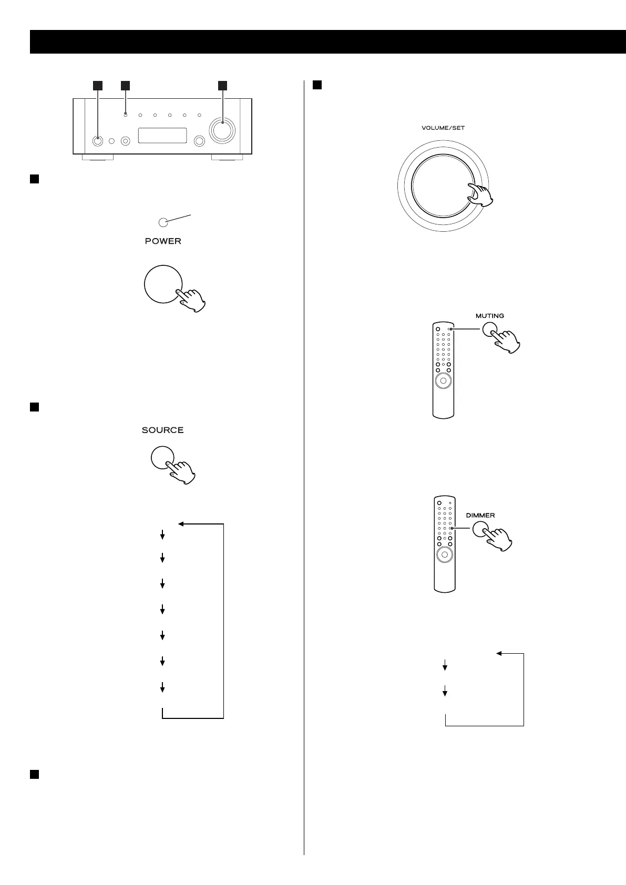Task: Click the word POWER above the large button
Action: (x=163, y=241)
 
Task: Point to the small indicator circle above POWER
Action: (x=163, y=222)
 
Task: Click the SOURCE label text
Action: (x=162, y=430)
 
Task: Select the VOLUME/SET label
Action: (x=443, y=128)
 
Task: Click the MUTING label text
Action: (x=489, y=316)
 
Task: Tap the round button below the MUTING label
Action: (x=489, y=330)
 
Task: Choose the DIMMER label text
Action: (x=480, y=515)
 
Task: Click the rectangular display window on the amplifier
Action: (x=162, y=136)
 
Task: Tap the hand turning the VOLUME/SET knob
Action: (x=480, y=196)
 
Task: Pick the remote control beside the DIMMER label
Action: (x=445, y=544)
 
